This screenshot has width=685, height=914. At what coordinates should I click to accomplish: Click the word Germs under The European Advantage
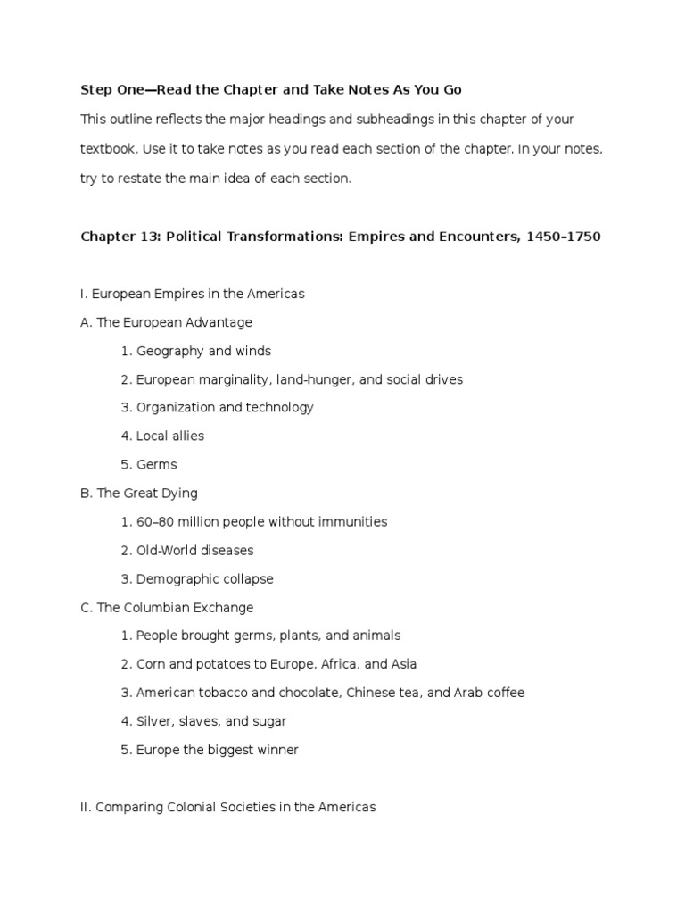157,464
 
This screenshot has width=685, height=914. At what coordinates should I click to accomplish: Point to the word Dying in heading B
178,493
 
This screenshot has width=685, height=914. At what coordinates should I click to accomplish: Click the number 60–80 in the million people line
154,521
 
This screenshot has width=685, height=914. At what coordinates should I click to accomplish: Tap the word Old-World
170,550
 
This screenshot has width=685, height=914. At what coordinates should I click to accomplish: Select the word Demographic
177,578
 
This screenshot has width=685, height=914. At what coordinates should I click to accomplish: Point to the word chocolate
309,693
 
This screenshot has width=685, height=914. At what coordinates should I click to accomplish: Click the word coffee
503,693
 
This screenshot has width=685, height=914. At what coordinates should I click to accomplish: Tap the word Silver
155,721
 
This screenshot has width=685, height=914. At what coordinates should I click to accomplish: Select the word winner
276,750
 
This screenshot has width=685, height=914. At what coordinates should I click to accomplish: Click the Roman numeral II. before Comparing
86,807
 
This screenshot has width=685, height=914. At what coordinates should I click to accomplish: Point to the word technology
277,408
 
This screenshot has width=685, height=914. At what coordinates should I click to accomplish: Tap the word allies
187,436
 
